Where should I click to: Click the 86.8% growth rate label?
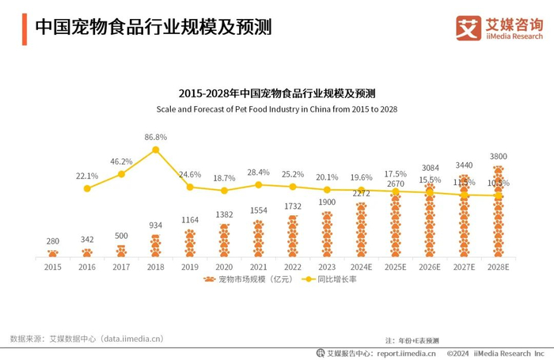pos(155,137)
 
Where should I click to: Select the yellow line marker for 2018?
pos(156,150)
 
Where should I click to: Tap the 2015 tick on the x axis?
pos(52,267)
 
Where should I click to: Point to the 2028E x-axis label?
pos(499,267)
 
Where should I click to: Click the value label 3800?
pos(499,157)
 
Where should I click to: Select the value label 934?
pos(156,225)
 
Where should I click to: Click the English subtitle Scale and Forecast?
pos(276,108)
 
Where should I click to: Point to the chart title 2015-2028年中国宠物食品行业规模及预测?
pos(276,93)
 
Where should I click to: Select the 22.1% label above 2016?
pos(87,176)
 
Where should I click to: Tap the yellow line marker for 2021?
pos(259,185)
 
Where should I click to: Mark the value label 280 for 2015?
pos(52,241)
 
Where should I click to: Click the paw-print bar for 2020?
pos(224,241)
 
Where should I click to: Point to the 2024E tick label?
pos(362,267)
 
